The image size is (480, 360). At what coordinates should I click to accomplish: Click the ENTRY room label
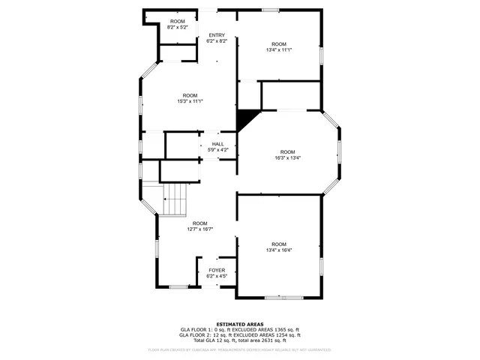pos(217,35)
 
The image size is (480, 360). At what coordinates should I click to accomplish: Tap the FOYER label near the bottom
pos(217,270)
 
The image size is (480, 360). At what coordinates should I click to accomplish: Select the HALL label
pos(217,144)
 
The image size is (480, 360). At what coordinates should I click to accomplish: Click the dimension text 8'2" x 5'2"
pos(177,27)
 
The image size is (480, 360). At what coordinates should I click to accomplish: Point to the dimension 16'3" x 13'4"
pos(288,158)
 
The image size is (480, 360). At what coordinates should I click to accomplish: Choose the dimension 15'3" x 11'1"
pos(190,101)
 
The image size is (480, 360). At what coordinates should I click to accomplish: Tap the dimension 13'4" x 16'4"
pos(279,250)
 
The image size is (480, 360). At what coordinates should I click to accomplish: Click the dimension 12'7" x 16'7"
pos(200,229)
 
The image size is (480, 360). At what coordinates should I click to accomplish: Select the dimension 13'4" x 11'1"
pos(279,50)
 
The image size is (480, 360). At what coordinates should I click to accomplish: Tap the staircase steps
pos(175,199)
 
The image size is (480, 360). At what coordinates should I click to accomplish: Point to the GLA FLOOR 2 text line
pos(239,335)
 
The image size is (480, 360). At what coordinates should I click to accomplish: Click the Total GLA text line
pos(239,340)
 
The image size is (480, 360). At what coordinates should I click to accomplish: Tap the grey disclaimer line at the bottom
pos(239,349)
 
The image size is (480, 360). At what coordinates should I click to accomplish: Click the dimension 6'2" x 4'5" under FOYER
pos(217,276)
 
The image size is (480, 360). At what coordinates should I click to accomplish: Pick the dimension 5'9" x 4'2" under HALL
pos(217,150)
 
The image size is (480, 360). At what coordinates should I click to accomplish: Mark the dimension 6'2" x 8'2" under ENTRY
pos(217,41)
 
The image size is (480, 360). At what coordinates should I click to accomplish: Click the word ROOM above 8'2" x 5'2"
pos(177,21)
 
